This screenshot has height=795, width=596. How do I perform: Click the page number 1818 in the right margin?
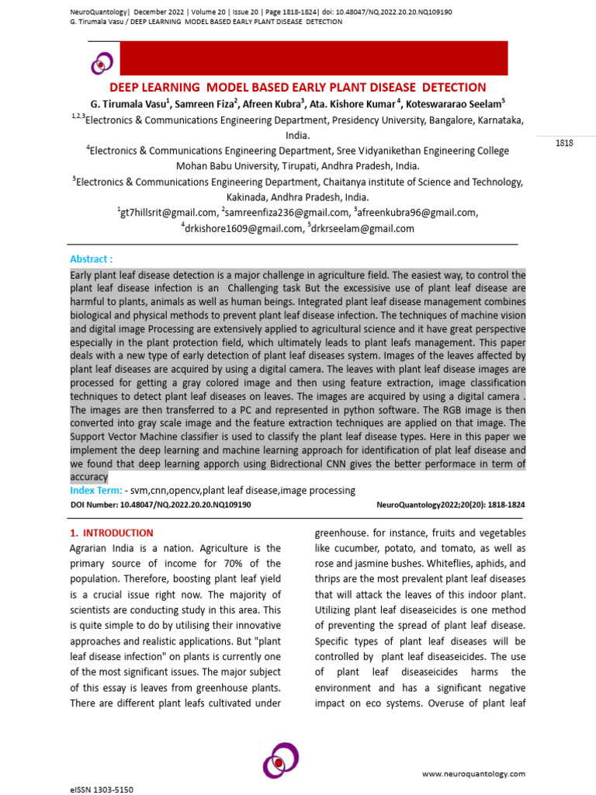pos(564,144)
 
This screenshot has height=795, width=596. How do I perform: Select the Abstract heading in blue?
pos(92,259)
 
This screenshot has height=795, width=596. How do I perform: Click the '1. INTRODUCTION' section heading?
pos(112,533)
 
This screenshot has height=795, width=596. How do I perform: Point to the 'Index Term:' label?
pos(96,491)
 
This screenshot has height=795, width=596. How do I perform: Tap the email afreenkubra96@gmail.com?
pos(417,213)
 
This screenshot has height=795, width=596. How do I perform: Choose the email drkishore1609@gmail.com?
pos(241,228)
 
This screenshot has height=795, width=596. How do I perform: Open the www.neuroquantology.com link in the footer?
pos(473,774)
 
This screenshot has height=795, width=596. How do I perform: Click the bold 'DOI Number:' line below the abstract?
pos(161,505)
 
